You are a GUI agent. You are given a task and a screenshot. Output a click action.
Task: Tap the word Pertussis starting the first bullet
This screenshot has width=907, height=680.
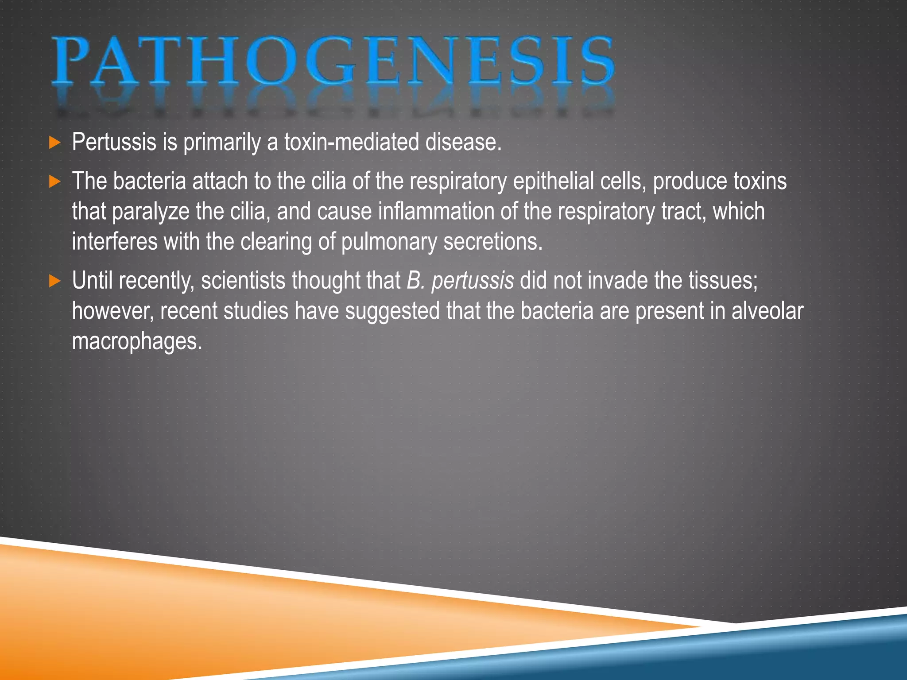114,142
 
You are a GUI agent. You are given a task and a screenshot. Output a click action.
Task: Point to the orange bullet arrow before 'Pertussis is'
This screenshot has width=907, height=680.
54,143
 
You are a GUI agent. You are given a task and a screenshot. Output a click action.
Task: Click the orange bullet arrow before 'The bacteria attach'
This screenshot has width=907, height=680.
54,182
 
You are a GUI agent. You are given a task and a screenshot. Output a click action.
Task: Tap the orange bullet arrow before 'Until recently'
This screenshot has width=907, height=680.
54,281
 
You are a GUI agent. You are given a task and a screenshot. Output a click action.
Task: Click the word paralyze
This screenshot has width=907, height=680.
151,212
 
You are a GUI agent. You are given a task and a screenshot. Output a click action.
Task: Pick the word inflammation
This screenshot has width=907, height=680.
436,211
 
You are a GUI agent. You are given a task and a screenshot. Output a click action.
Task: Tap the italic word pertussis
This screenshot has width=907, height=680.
473,281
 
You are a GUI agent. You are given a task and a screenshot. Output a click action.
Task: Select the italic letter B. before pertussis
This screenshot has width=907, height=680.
415,281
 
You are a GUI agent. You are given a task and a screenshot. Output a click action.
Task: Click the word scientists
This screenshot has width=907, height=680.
243,281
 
